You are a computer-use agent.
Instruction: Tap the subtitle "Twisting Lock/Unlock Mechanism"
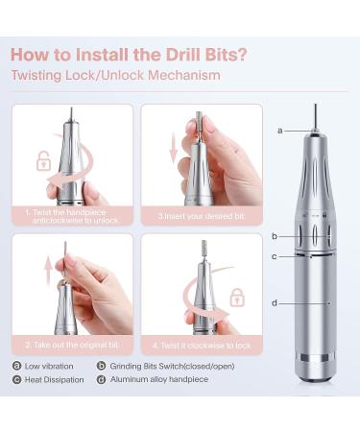(x=115, y=75)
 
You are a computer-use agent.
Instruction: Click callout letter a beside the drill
(x=280, y=130)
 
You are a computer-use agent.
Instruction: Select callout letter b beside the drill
(x=275, y=235)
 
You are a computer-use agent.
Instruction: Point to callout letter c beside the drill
(x=275, y=256)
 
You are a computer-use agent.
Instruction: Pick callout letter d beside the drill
(x=275, y=303)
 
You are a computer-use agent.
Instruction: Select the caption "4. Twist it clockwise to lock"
(x=202, y=344)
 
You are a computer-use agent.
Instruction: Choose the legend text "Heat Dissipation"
(x=57, y=380)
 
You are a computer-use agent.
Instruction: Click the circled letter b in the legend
(x=101, y=366)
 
